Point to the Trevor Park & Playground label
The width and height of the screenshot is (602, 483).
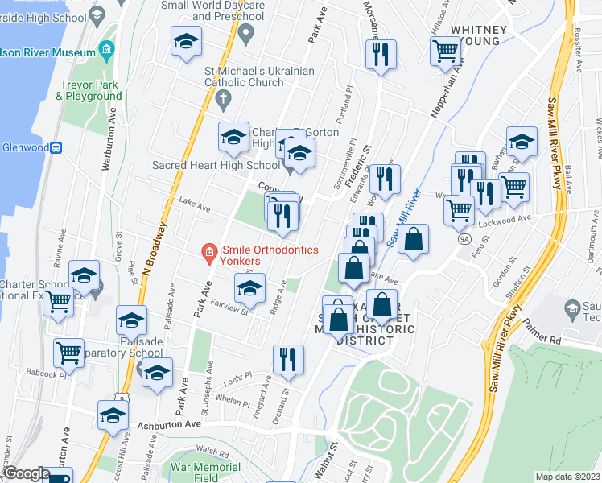[x=89, y=89]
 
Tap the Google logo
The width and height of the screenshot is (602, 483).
[x=26, y=473]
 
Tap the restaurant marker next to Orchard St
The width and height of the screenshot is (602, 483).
[x=287, y=359]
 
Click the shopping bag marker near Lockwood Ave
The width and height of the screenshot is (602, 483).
[x=413, y=239]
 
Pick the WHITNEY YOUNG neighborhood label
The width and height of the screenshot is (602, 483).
[x=479, y=36]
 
